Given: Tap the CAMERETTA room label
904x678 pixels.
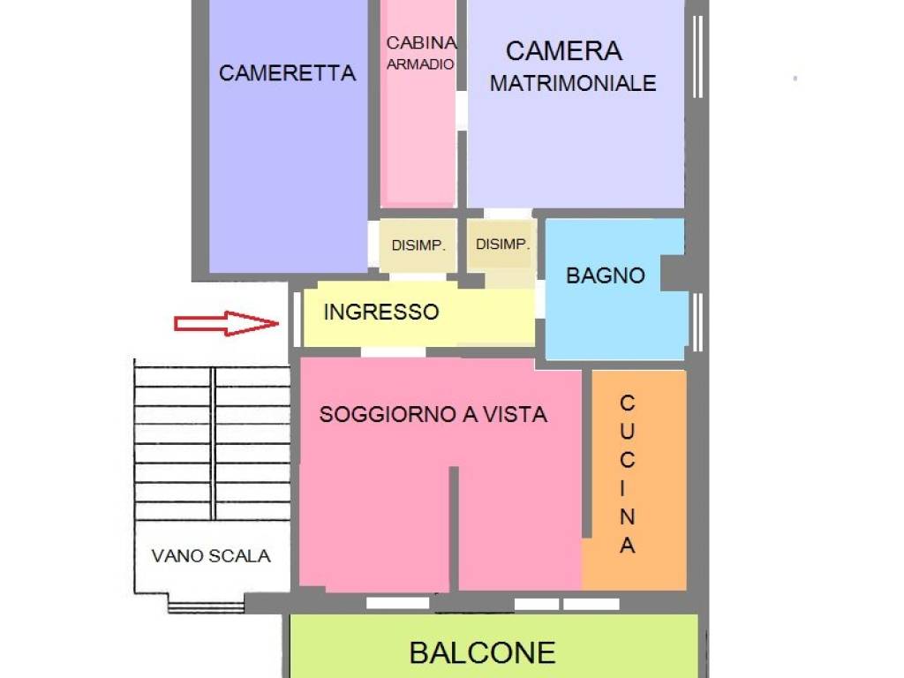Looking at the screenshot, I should point(287,73).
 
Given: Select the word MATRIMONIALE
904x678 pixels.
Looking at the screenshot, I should point(573,84).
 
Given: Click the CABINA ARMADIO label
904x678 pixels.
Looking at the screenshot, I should point(421,53).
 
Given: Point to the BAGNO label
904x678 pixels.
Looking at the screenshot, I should point(606,275).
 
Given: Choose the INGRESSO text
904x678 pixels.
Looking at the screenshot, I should point(380,312).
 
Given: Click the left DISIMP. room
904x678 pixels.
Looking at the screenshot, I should point(418,245).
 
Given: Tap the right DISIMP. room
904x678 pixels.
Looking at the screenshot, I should point(502,245).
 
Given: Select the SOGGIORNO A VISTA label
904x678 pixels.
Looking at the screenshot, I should point(433,414).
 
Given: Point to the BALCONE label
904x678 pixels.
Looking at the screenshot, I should point(482,652).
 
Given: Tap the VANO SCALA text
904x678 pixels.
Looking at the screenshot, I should point(211,556).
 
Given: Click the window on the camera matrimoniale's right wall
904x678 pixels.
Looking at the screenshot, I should point(697,57).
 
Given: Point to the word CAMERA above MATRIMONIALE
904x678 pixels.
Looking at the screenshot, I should point(563,51).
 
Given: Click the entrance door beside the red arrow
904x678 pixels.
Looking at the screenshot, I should point(294,319).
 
